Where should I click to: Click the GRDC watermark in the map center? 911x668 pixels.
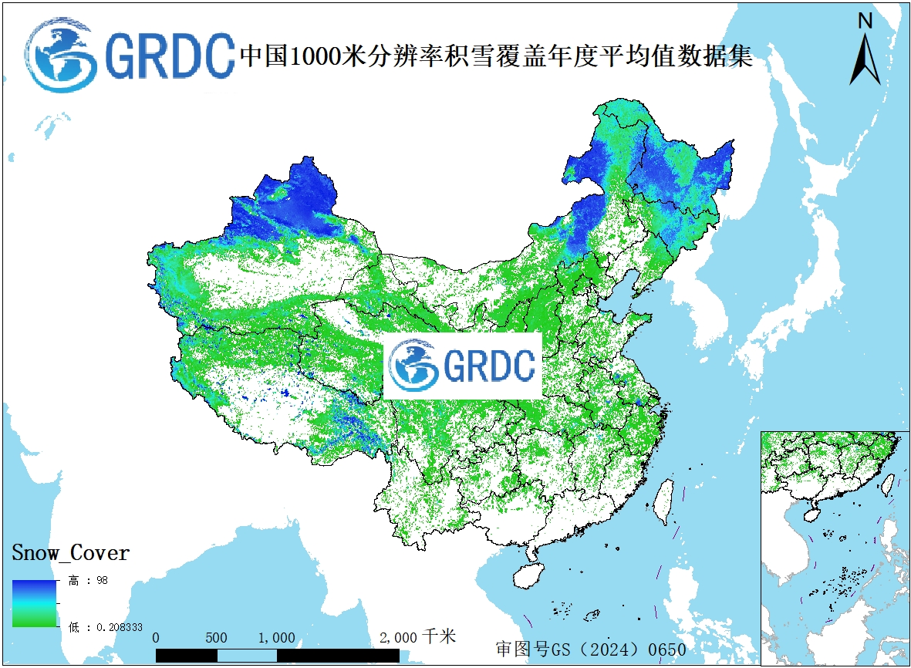tap(463, 366)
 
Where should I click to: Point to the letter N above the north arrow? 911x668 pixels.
tap(865, 22)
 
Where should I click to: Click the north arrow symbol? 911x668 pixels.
tap(865, 60)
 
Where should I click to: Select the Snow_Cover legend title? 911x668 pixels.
tap(70, 553)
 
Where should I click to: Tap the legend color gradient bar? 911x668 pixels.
tap(34, 603)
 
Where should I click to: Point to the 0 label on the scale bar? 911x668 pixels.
tap(157, 638)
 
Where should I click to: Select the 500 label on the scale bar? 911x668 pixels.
tap(217, 638)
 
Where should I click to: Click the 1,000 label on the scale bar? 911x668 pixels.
tap(276, 638)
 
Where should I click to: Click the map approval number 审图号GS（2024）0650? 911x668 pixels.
tap(591, 649)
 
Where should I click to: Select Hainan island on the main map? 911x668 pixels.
tap(529, 576)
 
